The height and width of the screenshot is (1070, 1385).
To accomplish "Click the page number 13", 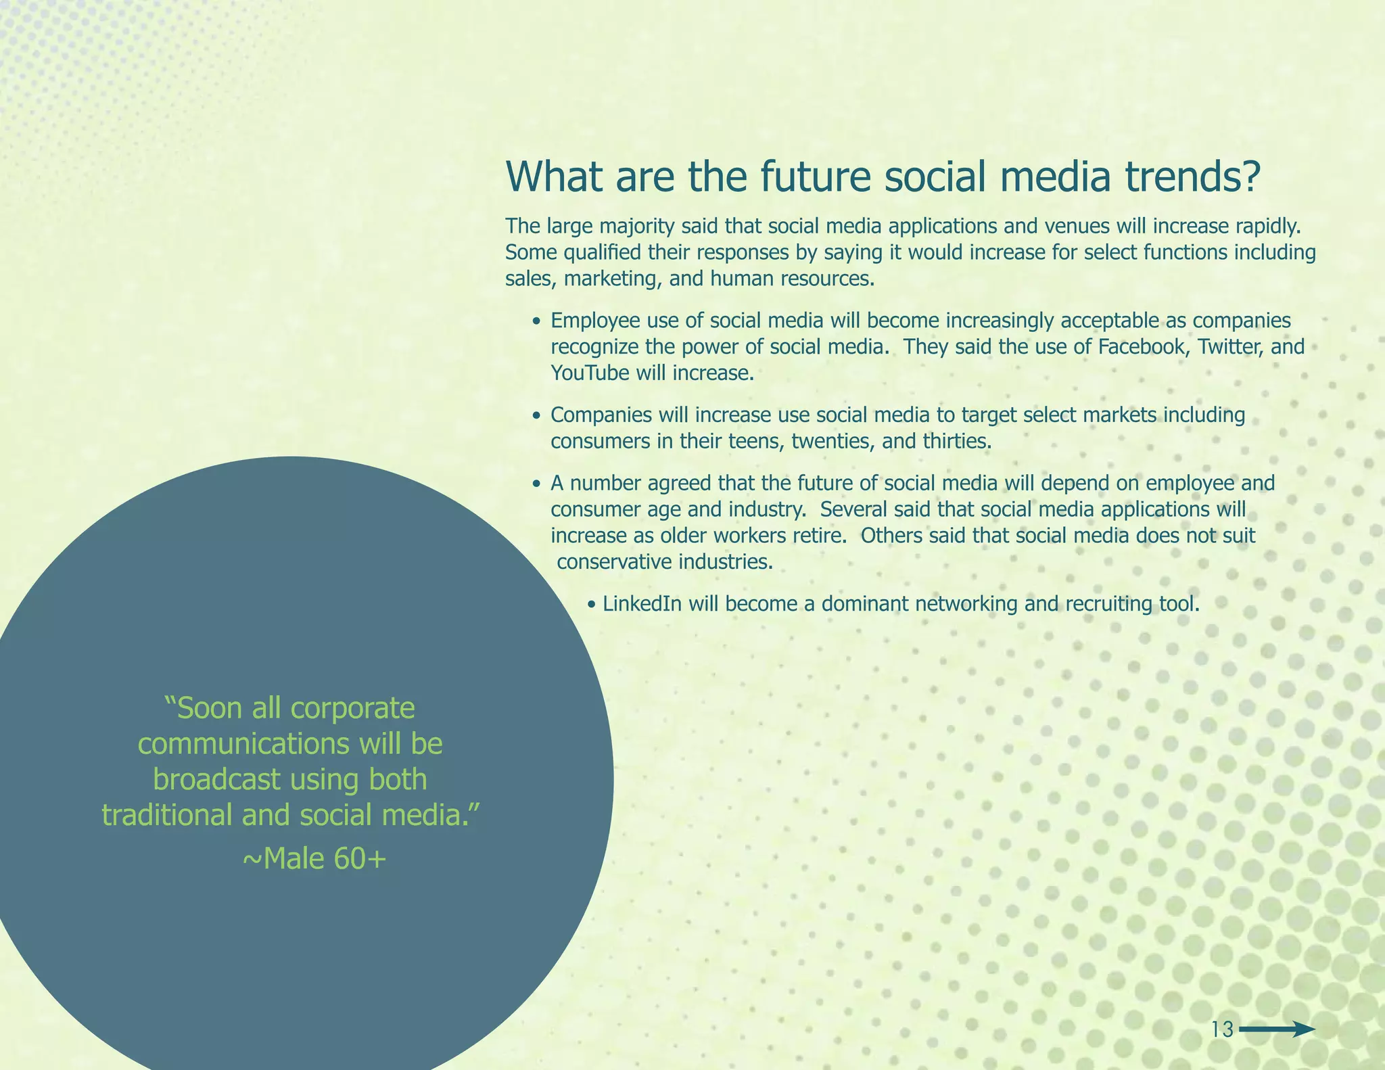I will point(1222,1030).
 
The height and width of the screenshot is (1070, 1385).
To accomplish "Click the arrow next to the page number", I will point(1277,1029).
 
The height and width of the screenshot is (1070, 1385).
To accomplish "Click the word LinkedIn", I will point(642,604).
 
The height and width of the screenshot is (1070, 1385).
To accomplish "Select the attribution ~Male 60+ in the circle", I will point(314,859).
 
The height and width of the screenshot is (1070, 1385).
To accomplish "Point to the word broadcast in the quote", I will point(216,780).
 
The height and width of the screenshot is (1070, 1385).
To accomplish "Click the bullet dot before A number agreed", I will point(536,485).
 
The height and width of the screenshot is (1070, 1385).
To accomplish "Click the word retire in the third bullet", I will point(817,536).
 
